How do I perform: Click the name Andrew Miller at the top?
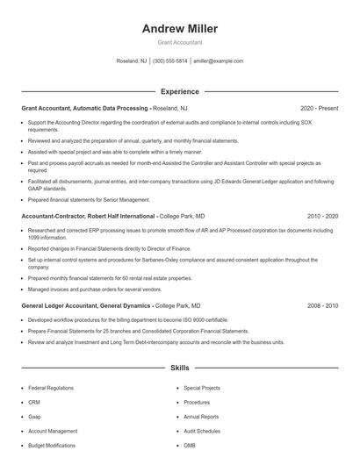179,29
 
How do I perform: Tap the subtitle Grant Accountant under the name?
179,42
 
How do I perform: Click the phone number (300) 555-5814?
169,61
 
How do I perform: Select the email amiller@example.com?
219,61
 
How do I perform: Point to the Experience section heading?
179,91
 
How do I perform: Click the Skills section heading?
179,368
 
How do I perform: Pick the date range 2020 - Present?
319,108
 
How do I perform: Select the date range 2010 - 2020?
323,215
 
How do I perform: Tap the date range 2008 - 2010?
323,305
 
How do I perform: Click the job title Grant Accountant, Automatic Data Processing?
84,108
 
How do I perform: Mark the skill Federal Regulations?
51,388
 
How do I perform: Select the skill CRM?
34,403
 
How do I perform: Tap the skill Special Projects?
202,388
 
